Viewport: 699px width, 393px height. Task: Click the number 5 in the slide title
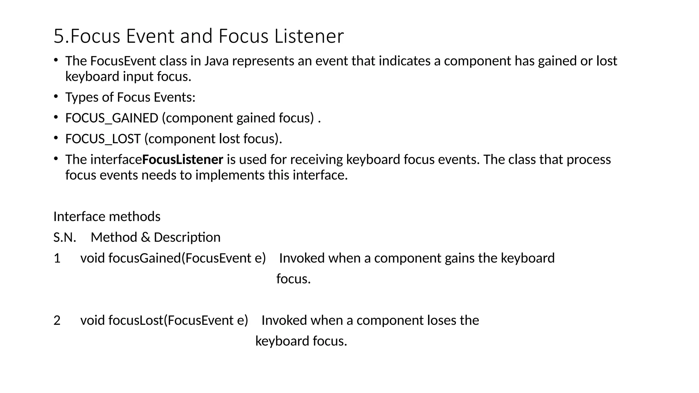[x=59, y=36]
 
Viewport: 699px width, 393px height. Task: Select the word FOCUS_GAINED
[x=112, y=118]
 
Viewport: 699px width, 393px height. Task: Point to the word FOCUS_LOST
[x=103, y=139]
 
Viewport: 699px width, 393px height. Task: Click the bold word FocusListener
[x=183, y=160]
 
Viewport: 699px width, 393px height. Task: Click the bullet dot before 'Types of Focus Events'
[x=56, y=97]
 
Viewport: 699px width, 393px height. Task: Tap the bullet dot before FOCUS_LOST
[x=56, y=138]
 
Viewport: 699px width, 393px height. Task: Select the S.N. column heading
[x=65, y=237]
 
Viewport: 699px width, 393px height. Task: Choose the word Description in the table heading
[x=187, y=237]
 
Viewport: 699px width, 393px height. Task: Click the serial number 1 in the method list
[x=57, y=258]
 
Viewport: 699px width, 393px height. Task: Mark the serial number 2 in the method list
[x=57, y=320]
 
